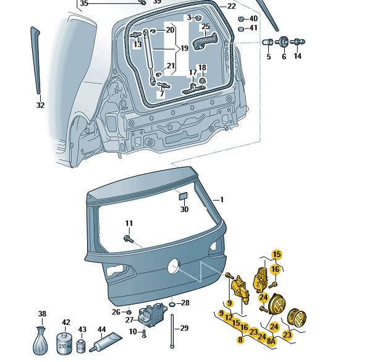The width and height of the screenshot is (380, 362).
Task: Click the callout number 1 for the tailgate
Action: point(222,200)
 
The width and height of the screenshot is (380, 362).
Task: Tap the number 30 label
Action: point(184,209)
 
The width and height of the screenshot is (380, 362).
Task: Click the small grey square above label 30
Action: point(184,196)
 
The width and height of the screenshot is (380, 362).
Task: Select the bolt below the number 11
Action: point(129,237)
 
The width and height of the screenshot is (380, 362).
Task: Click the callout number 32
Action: point(41,105)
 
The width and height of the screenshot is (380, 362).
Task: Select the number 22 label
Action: point(232,6)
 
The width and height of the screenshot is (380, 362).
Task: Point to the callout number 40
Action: point(254,19)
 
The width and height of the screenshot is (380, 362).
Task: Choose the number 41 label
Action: point(254,28)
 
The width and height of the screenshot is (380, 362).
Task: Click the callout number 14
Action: point(297,56)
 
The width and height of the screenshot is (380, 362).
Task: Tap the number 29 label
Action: point(184,327)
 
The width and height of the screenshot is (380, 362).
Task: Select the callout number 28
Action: point(184,303)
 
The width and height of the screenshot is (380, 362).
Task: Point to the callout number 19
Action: point(184,48)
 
